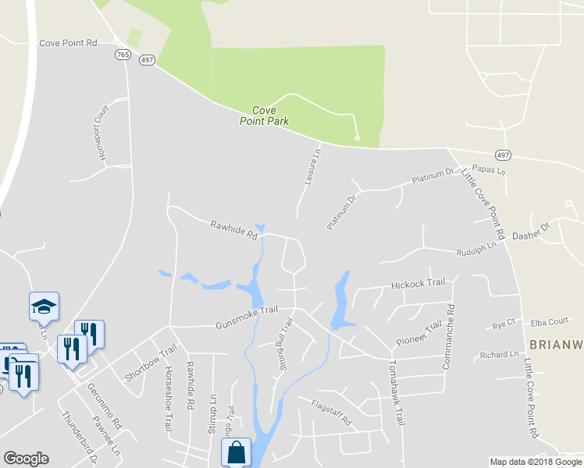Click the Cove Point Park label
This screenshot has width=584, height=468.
[x=264, y=116]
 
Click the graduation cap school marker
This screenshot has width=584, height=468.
[x=44, y=306]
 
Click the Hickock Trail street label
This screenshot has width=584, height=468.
[x=418, y=282]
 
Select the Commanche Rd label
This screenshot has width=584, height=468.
[x=448, y=335]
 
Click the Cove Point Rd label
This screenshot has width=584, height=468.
[x=68, y=43]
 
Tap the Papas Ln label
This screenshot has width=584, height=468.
[x=490, y=170]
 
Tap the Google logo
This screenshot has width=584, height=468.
[x=26, y=459]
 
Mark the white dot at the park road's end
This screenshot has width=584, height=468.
[x=357, y=138]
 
